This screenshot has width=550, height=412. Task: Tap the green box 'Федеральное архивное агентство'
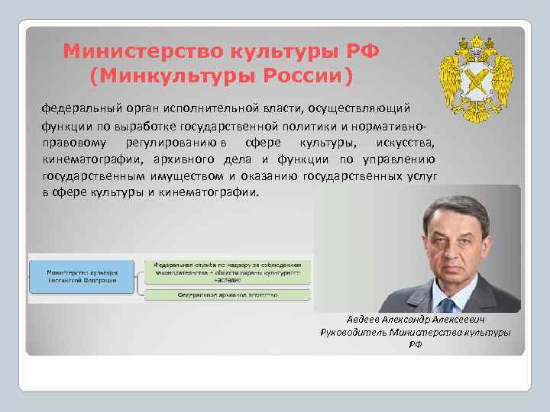(228, 294)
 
